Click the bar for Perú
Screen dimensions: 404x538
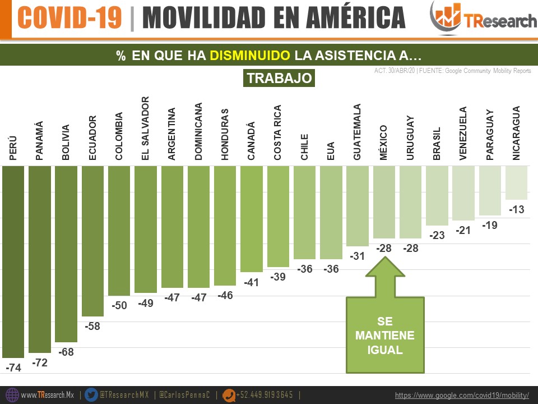(13, 261)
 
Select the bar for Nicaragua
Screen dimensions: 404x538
(516, 183)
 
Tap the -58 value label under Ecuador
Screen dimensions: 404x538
(92, 326)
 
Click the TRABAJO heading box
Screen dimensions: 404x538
(279, 78)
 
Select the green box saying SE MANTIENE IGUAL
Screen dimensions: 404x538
(385, 335)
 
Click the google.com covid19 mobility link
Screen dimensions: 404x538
(462, 396)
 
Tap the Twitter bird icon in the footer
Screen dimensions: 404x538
(91, 395)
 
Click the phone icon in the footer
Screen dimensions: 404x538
(229, 395)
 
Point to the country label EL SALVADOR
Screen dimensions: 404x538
(146, 128)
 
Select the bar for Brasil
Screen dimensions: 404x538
(437, 195)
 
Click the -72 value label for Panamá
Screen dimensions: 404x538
(40, 363)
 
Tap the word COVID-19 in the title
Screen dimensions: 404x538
(69, 18)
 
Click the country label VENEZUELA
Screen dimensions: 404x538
(463, 134)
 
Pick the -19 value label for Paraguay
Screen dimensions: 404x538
(490, 225)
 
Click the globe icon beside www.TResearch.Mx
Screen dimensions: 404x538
(12, 395)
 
